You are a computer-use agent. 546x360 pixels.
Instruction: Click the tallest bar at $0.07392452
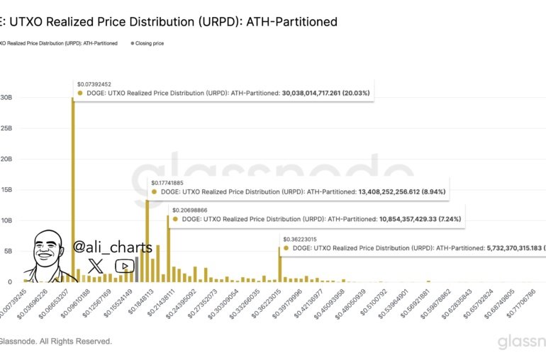(72, 191)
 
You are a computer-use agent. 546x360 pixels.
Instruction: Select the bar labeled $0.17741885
(147, 241)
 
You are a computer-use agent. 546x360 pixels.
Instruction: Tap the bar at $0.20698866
(168, 248)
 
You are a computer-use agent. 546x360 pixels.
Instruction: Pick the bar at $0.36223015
(279, 264)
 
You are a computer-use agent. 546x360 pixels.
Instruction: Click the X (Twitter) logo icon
(95, 266)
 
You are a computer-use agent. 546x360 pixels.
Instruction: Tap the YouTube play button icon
(124, 266)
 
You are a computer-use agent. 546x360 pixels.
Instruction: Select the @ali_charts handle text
(112, 247)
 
